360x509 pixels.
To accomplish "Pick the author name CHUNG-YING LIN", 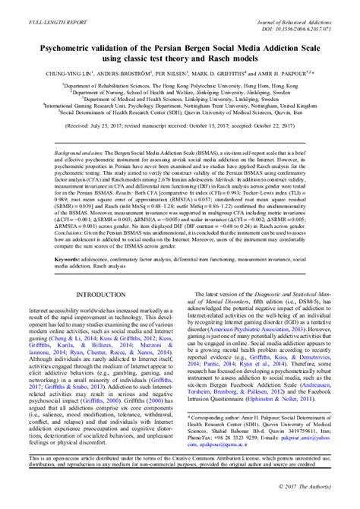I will tap(78, 74).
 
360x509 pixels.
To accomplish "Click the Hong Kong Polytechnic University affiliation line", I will tap(179, 87).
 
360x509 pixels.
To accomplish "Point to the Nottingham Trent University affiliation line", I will tap(179, 107).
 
